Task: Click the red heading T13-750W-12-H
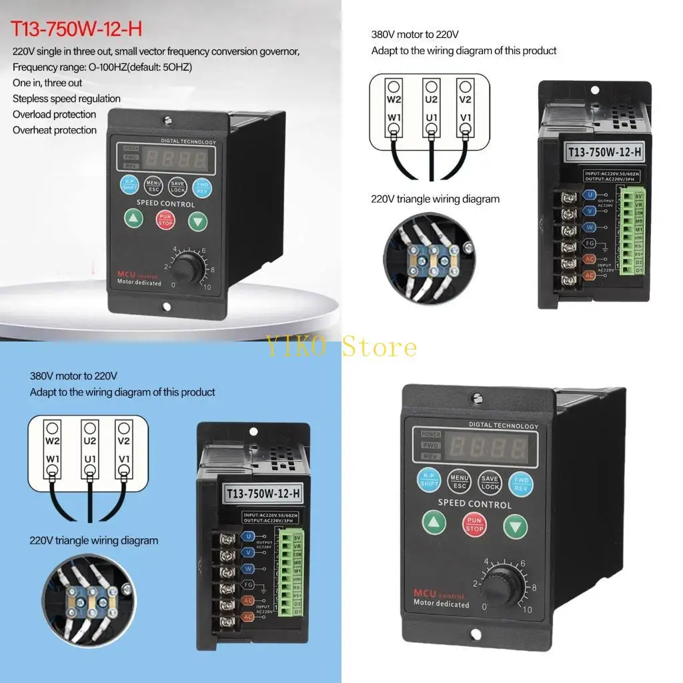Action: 77,30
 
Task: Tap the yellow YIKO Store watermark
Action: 342,347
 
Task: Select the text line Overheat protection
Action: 55,130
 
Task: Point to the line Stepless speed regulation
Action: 67,99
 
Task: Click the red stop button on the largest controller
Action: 475,525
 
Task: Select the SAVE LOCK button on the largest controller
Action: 490,482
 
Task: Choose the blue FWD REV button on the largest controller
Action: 520,482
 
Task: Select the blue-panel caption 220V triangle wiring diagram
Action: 94,540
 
